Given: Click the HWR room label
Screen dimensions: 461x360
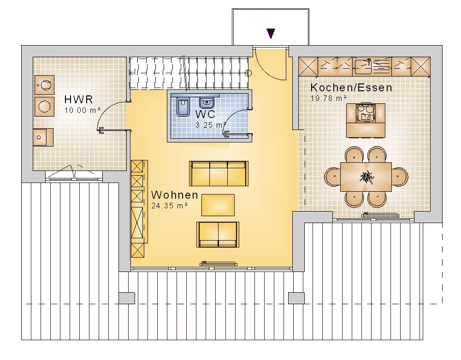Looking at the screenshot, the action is [78, 99].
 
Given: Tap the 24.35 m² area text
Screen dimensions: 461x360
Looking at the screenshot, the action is [169, 206].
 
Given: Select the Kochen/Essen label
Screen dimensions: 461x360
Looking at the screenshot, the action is [351, 88].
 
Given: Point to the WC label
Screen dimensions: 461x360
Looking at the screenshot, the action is [205, 114].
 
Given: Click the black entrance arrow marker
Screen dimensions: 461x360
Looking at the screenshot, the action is [271, 34].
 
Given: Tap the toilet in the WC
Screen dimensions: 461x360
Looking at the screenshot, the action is [183, 107].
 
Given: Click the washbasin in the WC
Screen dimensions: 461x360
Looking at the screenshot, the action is [207, 103].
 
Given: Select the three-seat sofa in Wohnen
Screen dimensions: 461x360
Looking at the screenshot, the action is [219, 173].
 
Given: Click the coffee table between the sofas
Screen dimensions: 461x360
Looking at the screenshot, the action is [218, 205].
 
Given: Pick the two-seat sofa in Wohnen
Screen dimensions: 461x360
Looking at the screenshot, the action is [218, 235].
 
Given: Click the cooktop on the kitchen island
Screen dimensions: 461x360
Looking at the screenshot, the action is [366, 112].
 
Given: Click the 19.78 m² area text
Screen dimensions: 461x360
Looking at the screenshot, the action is [328, 98].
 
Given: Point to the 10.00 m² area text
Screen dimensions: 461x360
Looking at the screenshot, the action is [83, 110].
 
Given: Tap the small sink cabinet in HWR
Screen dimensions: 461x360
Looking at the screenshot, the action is [43, 137].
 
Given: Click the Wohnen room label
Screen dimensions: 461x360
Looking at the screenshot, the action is [175, 195].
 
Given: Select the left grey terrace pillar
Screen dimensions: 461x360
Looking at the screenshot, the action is [127, 298].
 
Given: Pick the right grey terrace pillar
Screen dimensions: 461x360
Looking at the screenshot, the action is [296, 298].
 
